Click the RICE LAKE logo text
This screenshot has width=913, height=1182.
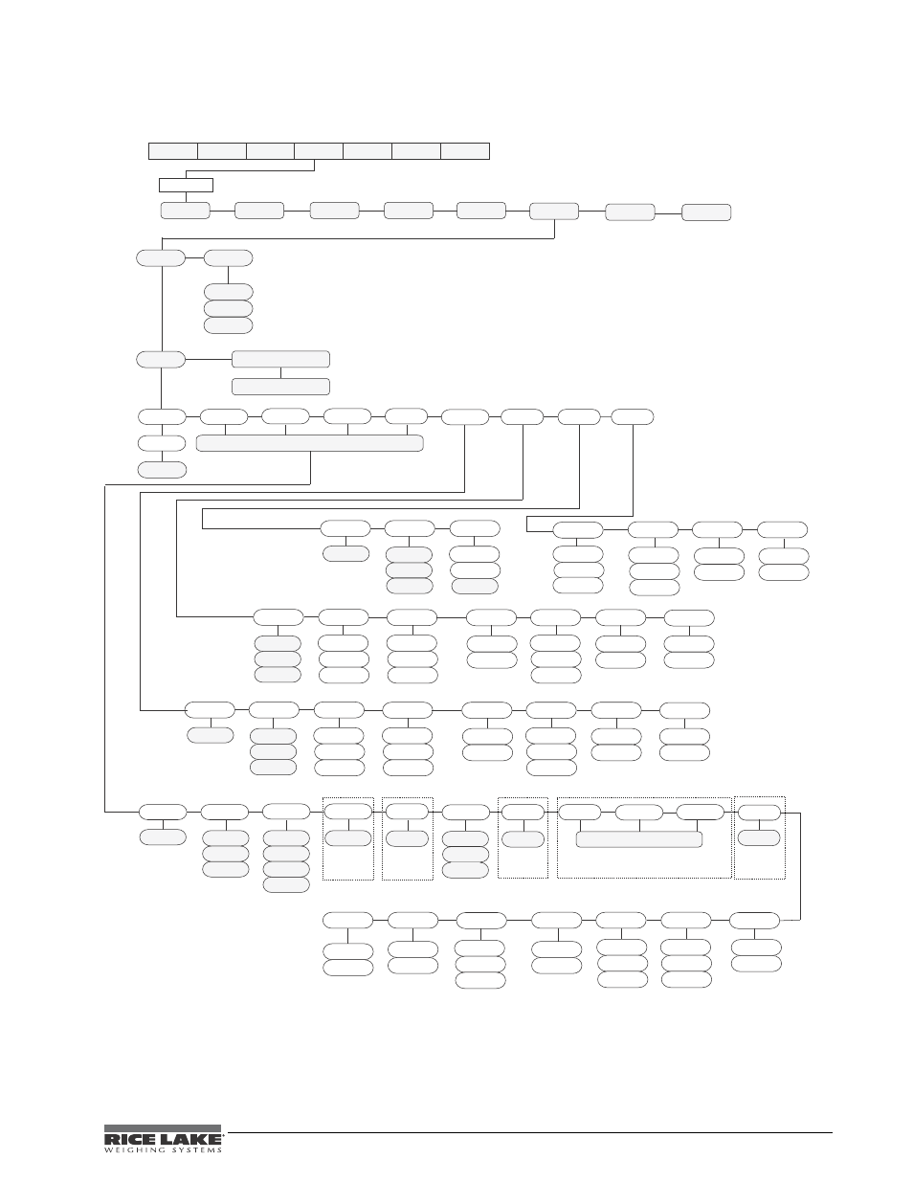[163, 1138]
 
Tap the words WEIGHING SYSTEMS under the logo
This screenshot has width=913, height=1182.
[163, 1149]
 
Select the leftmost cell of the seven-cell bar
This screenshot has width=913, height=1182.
[173, 151]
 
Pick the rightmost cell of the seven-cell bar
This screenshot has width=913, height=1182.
[465, 151]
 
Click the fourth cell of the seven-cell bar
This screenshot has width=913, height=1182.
[319, 151]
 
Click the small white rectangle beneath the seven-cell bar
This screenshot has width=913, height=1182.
[186, 185]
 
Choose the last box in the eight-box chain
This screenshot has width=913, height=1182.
[706, 212]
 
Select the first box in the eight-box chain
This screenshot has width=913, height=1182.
[186, 211]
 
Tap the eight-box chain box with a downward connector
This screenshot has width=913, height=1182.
[554, 212]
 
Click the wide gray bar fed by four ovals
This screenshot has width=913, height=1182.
[310, 443]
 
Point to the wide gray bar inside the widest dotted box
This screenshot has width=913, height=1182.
[639, 839]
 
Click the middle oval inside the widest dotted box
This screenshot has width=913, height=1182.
[639, 813]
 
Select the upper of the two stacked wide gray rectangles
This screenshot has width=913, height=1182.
[280, 359]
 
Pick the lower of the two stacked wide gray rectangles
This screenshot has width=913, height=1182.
[280, 387]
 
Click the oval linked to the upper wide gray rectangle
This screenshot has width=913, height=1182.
[161, 360]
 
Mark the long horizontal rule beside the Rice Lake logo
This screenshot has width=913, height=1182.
[529, 1132]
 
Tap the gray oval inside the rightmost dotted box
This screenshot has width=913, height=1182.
[759, 837]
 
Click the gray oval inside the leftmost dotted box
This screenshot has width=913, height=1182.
[348, 837]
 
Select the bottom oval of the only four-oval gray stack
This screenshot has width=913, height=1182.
[286, 885]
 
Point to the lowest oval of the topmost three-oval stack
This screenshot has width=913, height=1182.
[229, 325]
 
